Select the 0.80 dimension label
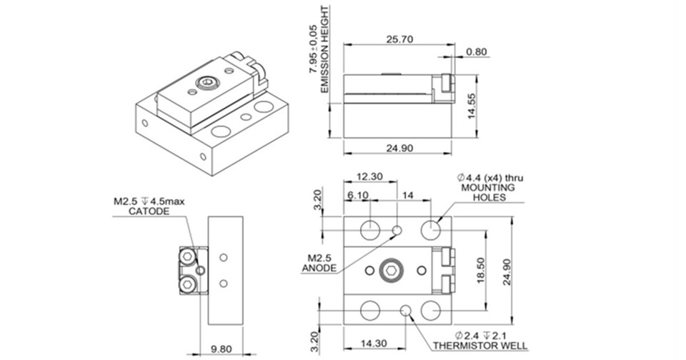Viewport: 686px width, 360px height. (476, 51)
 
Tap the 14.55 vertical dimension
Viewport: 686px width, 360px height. (472, 107)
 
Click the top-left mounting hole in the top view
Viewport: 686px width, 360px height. (370, 230)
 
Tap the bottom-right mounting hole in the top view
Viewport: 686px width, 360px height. (431, 311)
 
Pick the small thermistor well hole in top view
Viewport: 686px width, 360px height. (407, 311)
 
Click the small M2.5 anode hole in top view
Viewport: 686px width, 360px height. (398, 230)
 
